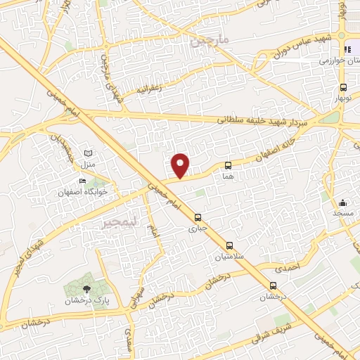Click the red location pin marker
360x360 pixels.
(x=181, y=165)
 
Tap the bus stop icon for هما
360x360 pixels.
(x=227, y=166)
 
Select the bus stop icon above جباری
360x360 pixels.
(x=198, y=217)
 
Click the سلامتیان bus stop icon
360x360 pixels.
(x=230, y=247)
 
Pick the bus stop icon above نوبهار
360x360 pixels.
(x=343, y=88)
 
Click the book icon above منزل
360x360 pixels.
(x=88, y=153)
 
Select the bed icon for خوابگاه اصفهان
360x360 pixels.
(x=83, y=181)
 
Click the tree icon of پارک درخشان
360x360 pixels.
(x=86, y=288)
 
